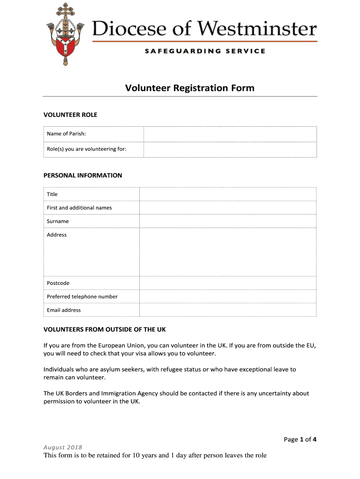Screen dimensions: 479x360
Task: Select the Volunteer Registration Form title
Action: point(189,88)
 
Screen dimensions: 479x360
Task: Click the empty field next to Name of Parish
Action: point(230,134)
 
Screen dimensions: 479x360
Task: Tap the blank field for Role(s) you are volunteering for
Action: point(230,150)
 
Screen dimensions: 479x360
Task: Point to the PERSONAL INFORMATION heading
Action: point(83,175)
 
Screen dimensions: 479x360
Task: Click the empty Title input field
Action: point(228,194)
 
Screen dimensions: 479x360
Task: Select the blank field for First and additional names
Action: point(228,208)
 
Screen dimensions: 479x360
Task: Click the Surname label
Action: point(58,221)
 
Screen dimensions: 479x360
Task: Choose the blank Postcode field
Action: point(228,283)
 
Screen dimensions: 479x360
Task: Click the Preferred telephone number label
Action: point(82,297)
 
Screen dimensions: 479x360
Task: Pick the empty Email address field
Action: point(228,310)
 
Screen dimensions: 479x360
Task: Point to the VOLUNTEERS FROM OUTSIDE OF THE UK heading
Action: point(105,329)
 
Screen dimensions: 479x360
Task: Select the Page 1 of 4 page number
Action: point(300,439)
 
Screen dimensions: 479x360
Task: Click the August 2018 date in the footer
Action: point(63,448)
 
